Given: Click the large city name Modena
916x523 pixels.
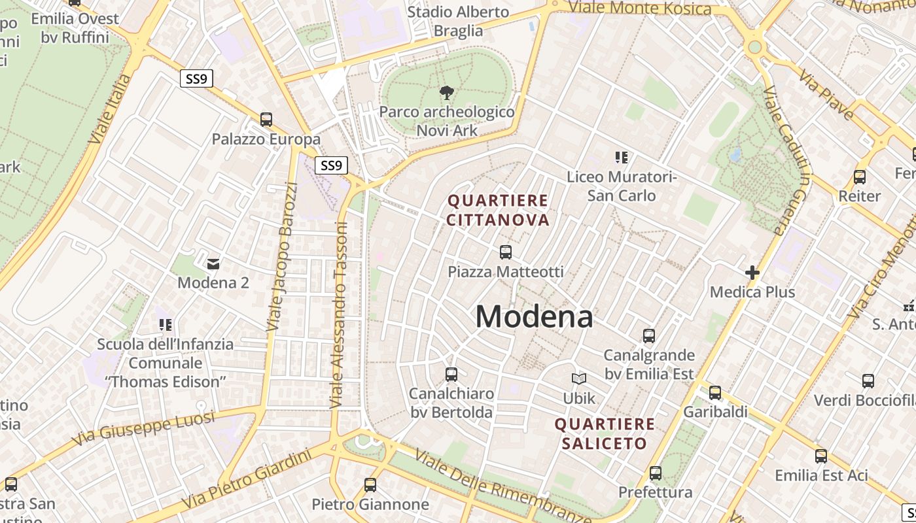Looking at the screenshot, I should coord(534,317).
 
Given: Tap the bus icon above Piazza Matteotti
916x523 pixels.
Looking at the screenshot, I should coord(505,252).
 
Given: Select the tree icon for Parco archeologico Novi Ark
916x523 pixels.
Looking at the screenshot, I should coord(447,92).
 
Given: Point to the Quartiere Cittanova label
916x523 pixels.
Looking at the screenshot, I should coord(498,210).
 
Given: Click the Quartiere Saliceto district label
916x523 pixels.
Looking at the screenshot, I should coord(605,433).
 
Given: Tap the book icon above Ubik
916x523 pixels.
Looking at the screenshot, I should coord(579,379).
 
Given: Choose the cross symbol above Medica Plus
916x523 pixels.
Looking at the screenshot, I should coord(752,273).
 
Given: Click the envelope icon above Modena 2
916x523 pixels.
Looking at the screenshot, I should coord(213,264).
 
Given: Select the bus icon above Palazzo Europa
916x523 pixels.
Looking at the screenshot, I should coord(266,120).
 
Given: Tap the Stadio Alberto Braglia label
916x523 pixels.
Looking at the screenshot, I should coord(458,21).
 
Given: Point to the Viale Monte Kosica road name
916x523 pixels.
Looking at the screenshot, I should coord(639,8).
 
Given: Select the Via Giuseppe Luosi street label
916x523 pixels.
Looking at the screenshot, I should coord(143,428).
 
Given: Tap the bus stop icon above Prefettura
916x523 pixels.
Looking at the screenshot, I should coord(656,473).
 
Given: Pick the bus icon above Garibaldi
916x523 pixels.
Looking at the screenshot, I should coord(715,393).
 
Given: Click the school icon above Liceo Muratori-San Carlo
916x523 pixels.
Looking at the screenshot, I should coord(621,157).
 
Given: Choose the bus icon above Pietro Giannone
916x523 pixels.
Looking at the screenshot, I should coord(370,485).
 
